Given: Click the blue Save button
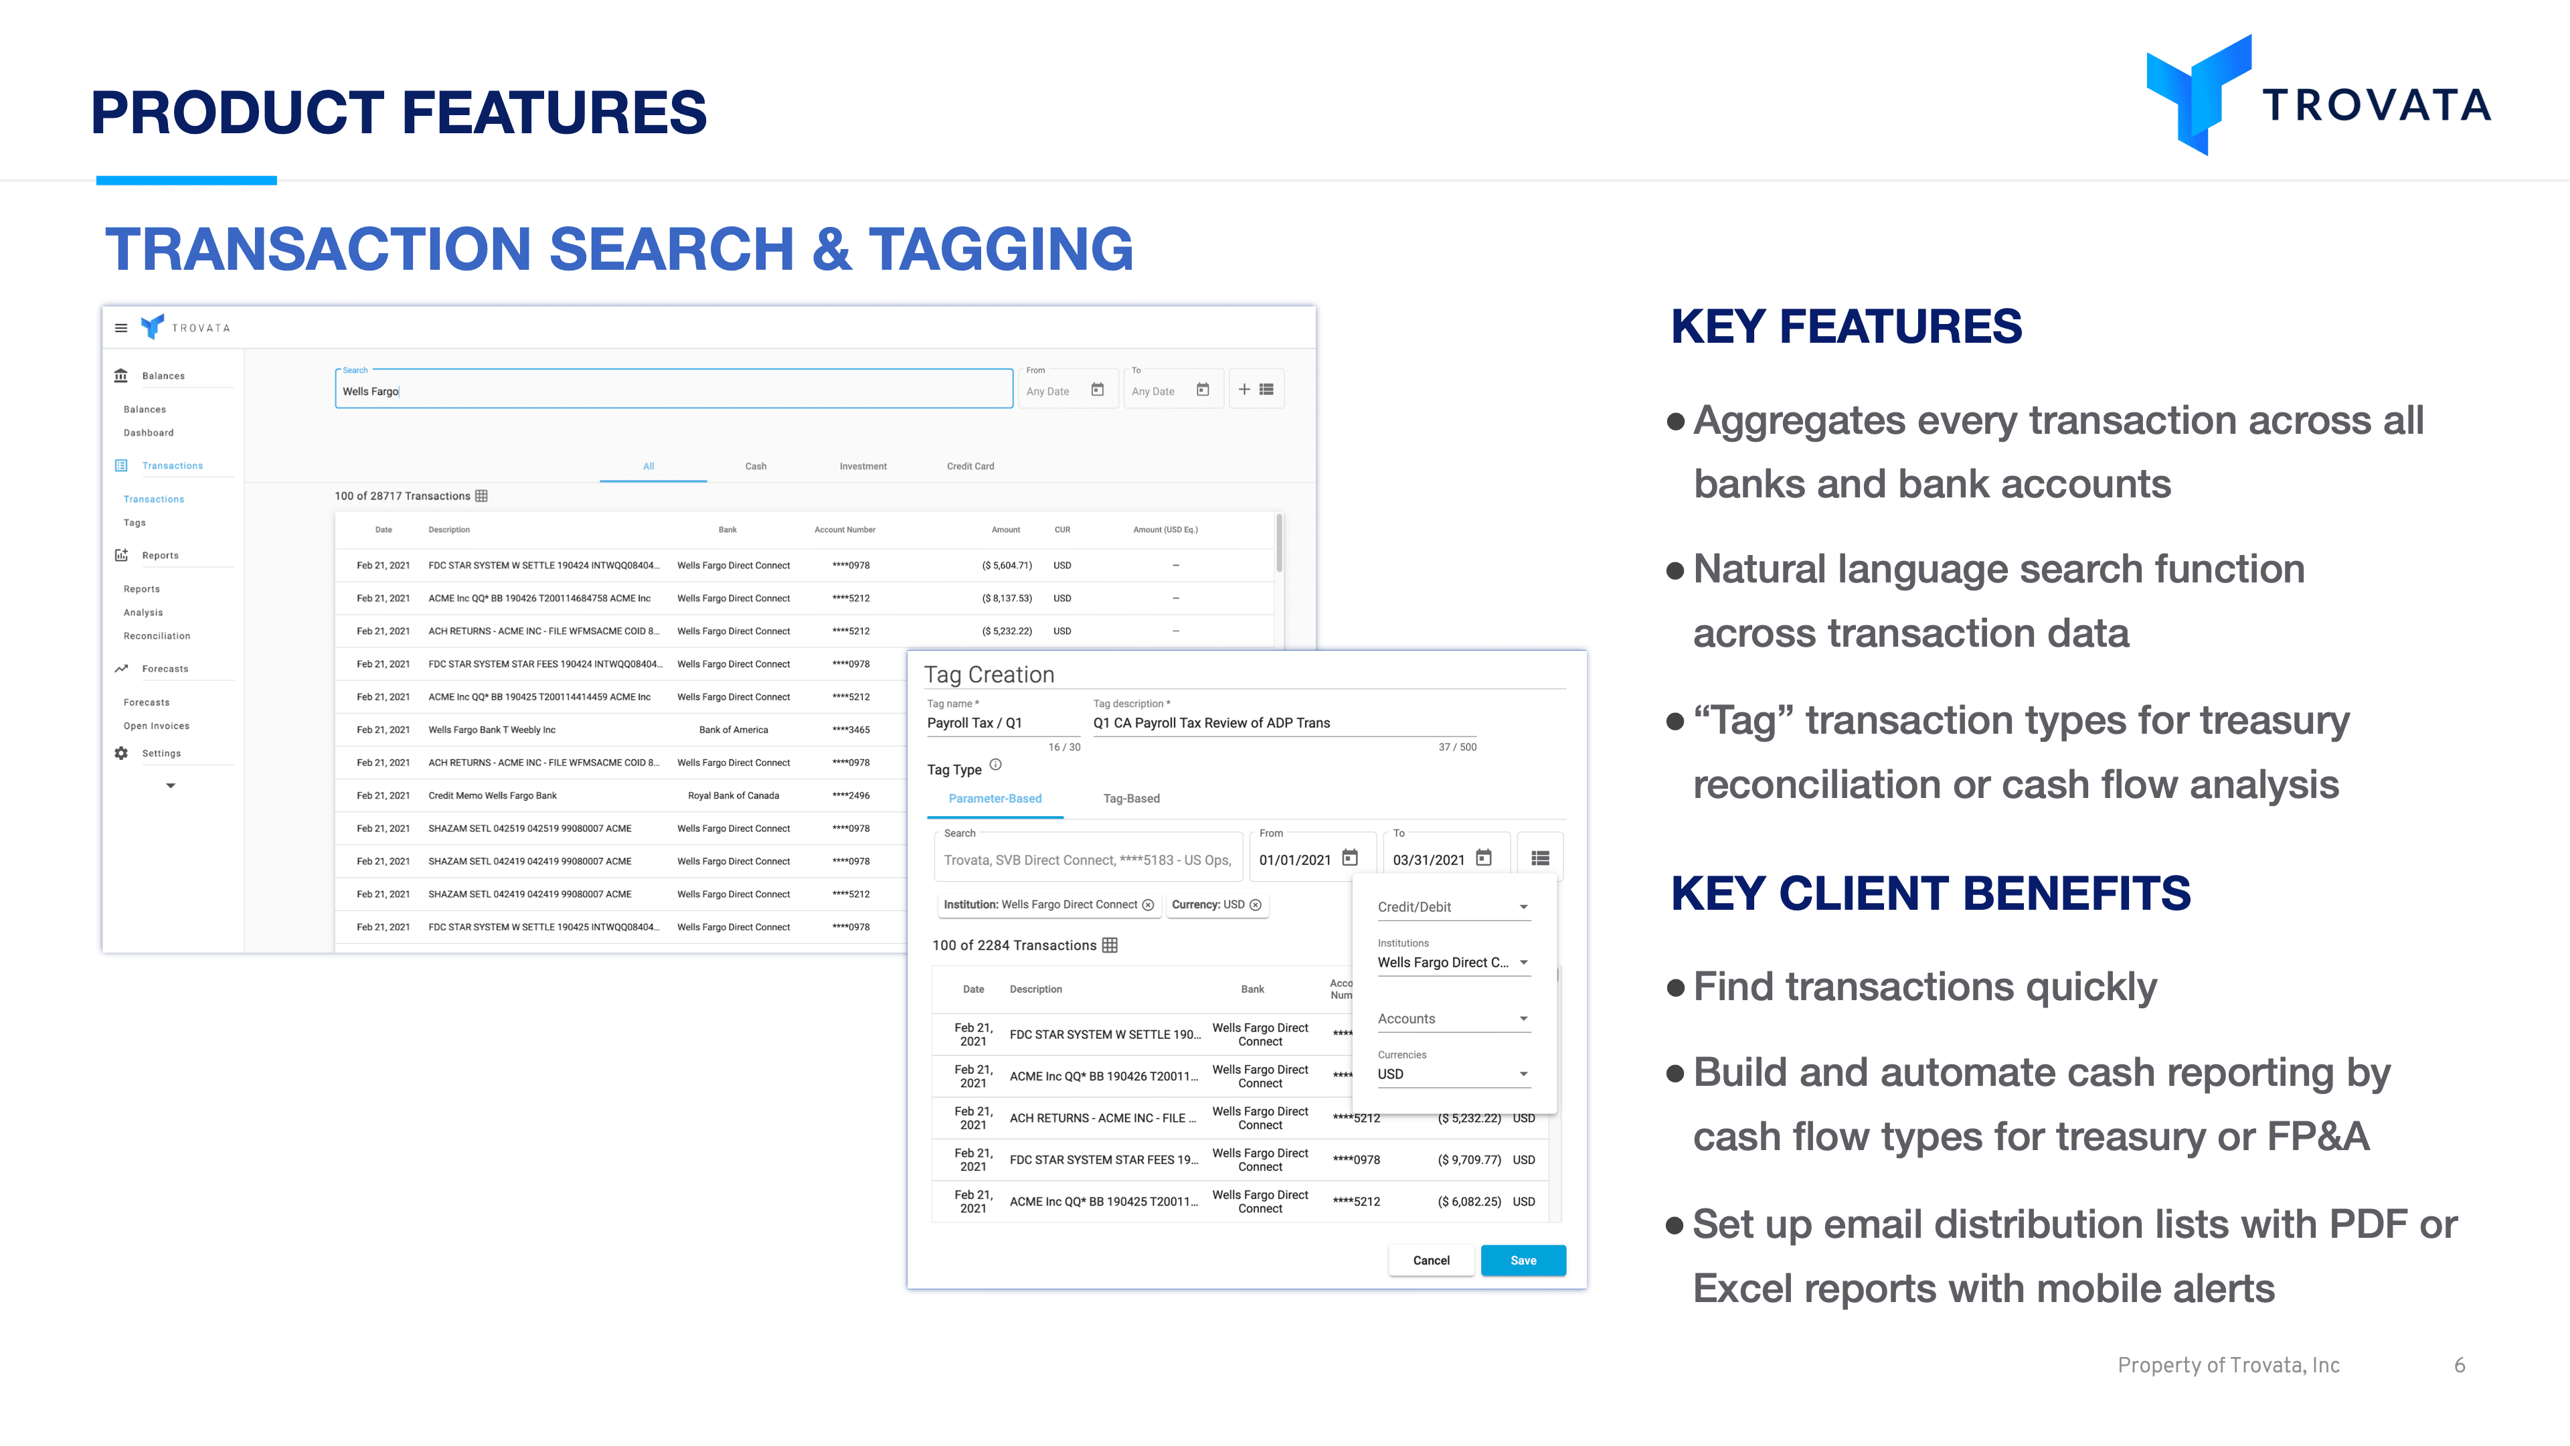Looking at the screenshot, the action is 1523,1261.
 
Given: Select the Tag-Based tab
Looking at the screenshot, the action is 1131,799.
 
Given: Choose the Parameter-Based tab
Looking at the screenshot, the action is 995,799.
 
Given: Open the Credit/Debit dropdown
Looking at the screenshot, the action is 1452,907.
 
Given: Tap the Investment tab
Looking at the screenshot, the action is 863,466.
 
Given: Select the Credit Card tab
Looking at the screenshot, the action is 970,466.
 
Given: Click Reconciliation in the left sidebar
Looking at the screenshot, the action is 157,636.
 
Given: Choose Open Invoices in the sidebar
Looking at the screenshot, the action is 157,726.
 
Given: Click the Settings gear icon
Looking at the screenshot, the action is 120,753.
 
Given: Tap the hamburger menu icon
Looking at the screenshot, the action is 120,327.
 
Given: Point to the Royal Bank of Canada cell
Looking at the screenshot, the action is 734,795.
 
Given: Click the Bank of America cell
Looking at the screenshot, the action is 734,730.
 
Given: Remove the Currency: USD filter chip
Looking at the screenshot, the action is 1255,905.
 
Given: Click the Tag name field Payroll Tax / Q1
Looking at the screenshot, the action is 1003,722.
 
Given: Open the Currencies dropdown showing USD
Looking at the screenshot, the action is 1452,1074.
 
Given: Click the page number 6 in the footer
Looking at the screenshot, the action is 2460,1365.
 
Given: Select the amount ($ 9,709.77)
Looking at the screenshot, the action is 1468,1159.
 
